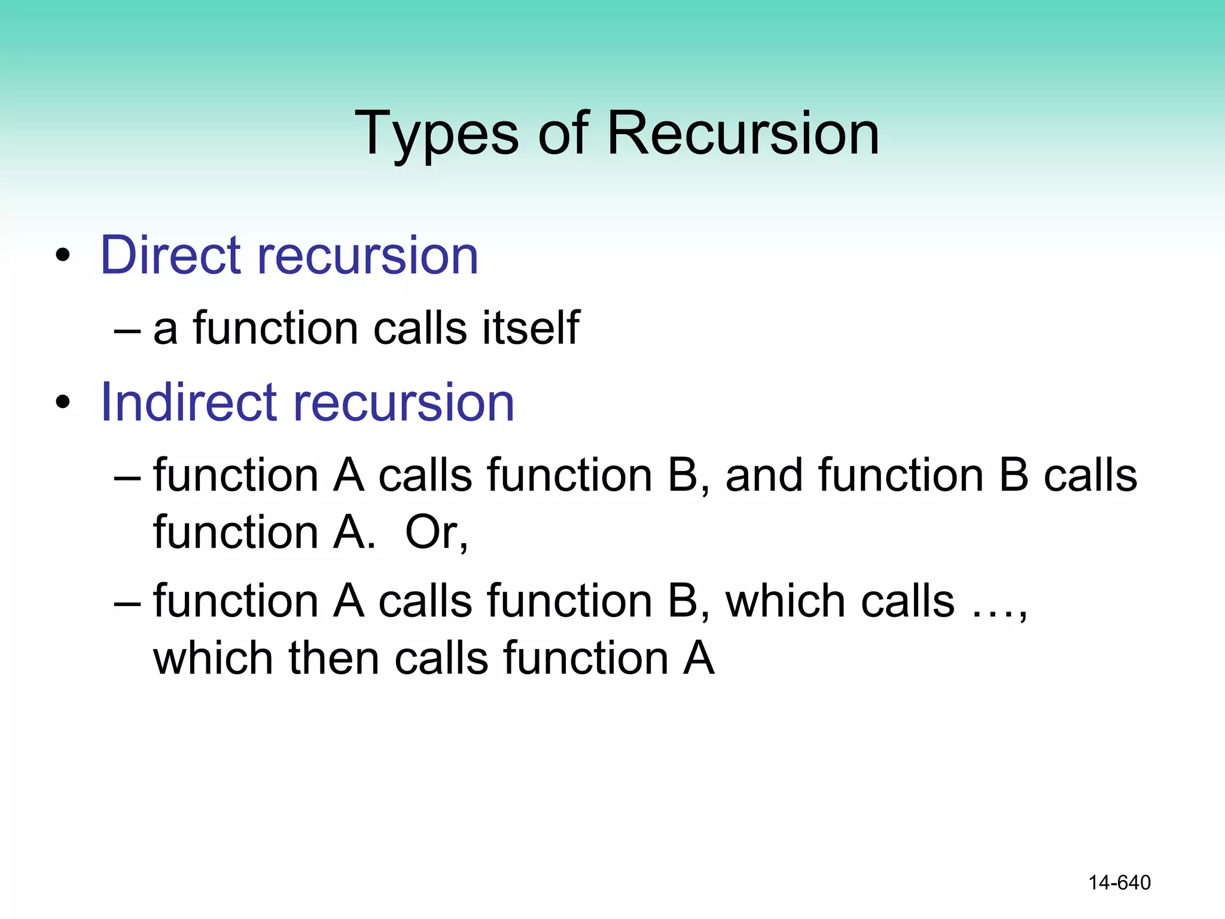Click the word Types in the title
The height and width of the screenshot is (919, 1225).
pyautogui.click(x=436, y=134)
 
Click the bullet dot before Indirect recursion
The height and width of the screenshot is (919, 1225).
pyautogui.click(x=63, y=403)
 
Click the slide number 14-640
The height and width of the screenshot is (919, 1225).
pyautogui.click(x=1119, y=883)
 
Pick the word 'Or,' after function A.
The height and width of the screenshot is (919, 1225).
pyautogui.click(x=436, y=532)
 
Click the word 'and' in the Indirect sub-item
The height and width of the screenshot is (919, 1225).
pyautogui.click(x=764, y=476)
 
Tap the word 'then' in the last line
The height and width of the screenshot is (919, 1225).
pyautogui.click(x=334, y=658)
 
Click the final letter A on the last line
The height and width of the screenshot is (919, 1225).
pyautogui.click(x=699, y=658)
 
